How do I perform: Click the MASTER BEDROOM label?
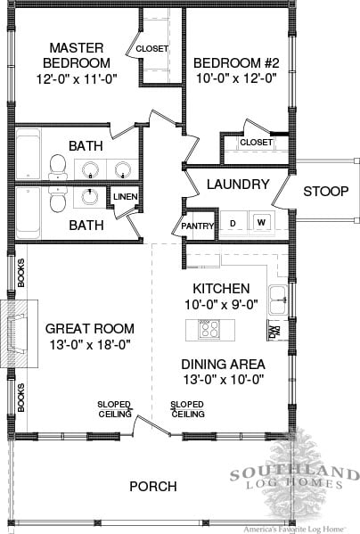pyautogui.click(x=77, y=55)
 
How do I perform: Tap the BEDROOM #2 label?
pyautogui.click(x=236, y=63)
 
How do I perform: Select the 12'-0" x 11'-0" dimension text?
pyautogui.click(x=77, y=79)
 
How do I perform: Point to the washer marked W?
pyautogui.click(x=261, y=222)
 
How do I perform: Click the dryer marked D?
pyautogui.click(x=233, y=224)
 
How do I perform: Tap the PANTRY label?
pyautogui.click(x=197, y=226)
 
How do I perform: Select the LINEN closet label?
pyautogui.click(x=126, y=196)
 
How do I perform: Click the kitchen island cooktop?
pyautogui.click(x=209, y=329)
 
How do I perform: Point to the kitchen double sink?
pyautogui.click(x=278, y=300)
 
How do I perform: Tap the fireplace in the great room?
pyautogui.click(x=19, y=333)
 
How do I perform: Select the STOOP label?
pyautogui.click(x=325, y=191)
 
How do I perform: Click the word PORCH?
pyautogui.click(x=153, y=487)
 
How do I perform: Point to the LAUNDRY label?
pyautogui.click(x=238, y=185)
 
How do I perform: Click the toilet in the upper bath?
pyautogui.click(x=58, y=167)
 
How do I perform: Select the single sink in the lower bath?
pyautogui.click(x=90, y=196)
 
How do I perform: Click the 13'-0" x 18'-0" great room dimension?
pyautogui.click(x=90, y=345)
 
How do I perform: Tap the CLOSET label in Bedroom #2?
pyautogui.click(x=256, y=142)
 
